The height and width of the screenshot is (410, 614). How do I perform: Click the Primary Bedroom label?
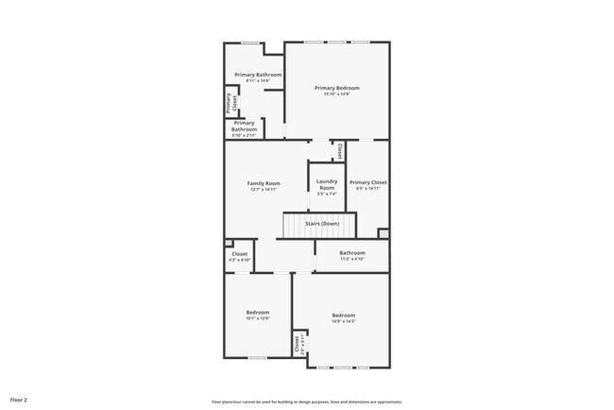tap(337, 88)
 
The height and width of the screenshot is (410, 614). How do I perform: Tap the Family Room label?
tap(264, 182)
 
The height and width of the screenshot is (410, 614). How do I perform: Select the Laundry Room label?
tap(327, 184)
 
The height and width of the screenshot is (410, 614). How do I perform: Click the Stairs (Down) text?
tap(322, 224)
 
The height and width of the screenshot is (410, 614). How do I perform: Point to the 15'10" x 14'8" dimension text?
tap(337, 94)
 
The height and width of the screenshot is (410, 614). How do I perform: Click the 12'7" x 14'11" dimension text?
tap(264, 189)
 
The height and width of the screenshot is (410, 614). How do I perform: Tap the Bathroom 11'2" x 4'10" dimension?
tap(352, 259)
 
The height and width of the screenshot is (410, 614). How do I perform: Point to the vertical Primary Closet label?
tap(230, 104)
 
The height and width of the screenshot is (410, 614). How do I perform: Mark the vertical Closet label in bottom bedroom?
tap(298, 345)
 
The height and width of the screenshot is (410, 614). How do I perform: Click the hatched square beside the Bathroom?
tap(383, 234)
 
